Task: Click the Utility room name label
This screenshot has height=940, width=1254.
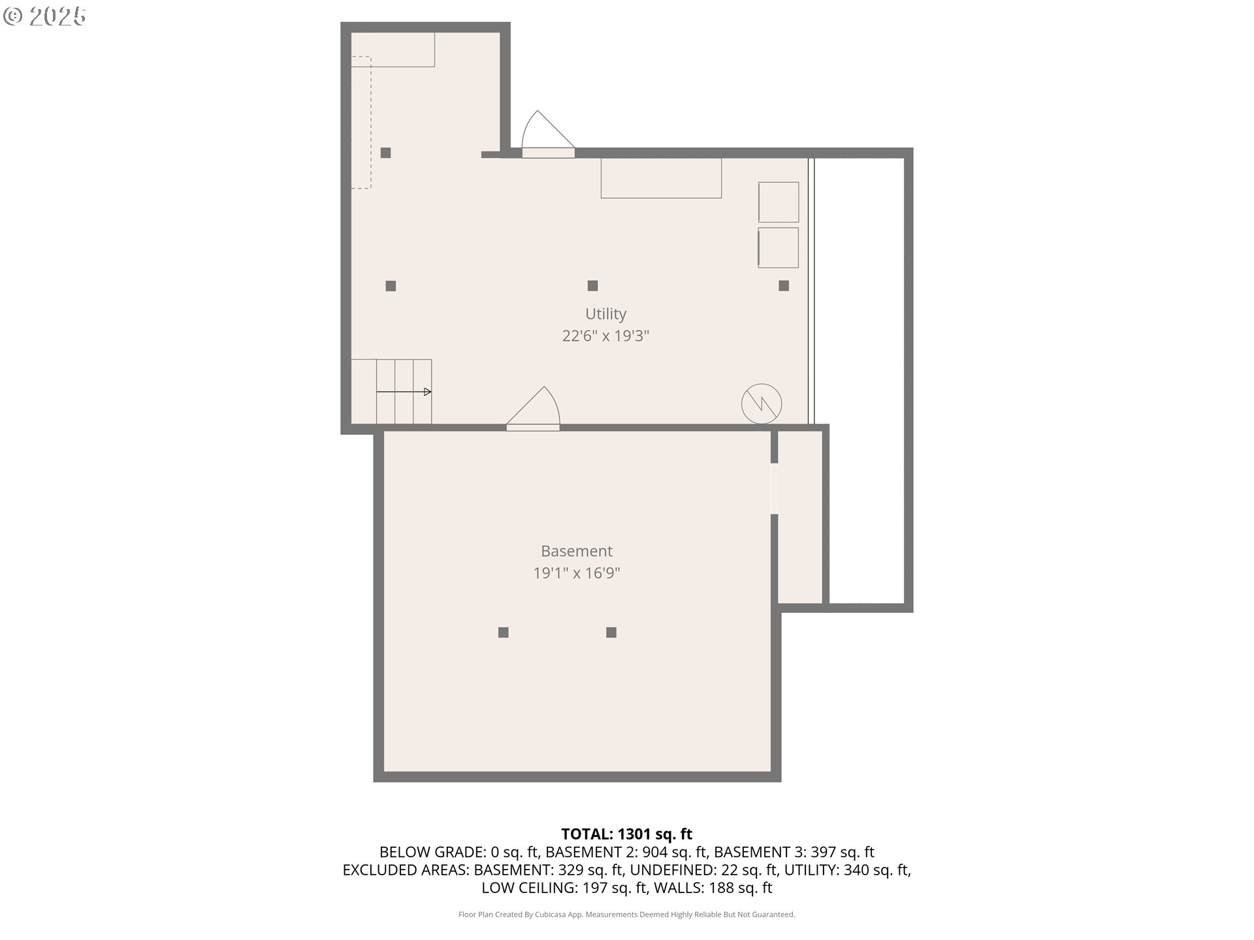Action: (x=605, y=314)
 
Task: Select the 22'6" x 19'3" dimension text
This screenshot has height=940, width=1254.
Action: (x=605, y=336)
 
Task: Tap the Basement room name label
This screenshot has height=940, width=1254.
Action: (x=577, y=551)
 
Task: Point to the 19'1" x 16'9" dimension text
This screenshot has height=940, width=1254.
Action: (x=576, y=573)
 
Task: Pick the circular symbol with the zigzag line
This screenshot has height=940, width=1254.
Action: (x=762, y=403)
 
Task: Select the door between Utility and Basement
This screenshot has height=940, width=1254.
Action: (x=534, y=409)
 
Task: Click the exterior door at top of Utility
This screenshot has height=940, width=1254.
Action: (x=548, y=134)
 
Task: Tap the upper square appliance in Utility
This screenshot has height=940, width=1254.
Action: (x=779, y=202)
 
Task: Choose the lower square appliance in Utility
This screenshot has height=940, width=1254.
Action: (x=779, y=247)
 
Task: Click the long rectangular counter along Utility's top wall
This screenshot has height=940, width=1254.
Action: (x=661, y=178)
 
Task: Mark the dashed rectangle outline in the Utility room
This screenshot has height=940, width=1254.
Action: (x=361, y=122)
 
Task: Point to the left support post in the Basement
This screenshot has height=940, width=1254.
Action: (x=504, y=632)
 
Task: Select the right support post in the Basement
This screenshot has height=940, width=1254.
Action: (x=611, y=632)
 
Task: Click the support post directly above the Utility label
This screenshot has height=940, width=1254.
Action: (x=592, y=285)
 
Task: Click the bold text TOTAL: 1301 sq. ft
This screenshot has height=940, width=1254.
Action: (x=627, y=834)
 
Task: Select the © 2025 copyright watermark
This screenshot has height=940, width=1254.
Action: (x=45, y=16)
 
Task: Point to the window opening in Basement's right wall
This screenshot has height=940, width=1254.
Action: (x=775, y=488)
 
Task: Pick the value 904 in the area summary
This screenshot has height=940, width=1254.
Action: (x=655, y=852)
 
